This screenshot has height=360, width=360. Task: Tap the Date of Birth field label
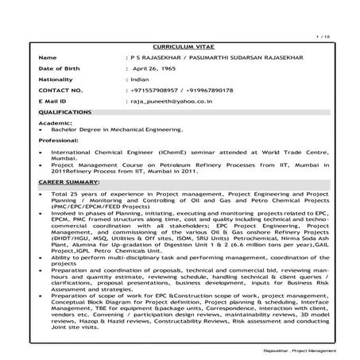59,69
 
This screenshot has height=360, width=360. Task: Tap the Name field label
48,58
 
